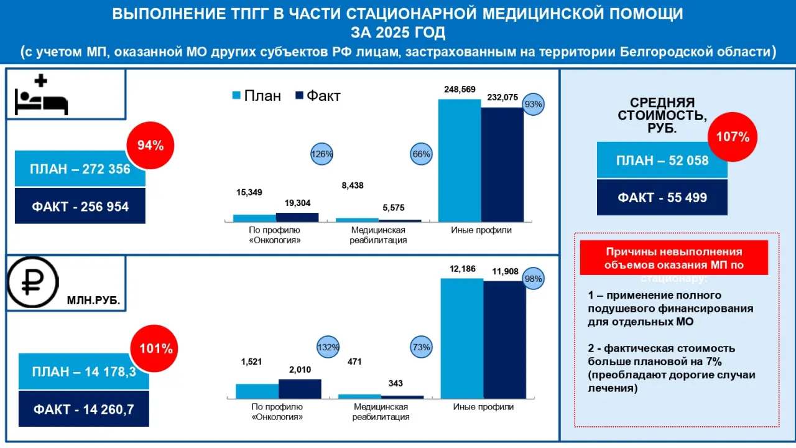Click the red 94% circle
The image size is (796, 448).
click(x=150, y=146)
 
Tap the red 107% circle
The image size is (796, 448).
click(x=732, y=137)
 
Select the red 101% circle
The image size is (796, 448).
click(x=154, y=348)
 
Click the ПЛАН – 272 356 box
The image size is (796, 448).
click(x=80, y=169)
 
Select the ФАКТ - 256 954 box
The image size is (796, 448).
click(x=80, y=206)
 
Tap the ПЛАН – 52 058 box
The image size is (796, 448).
click(x=662, y=161)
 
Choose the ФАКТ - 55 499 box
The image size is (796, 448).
click(x=662, y=198)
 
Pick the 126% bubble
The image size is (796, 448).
click(x=322, y=154)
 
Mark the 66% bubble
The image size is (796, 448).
click(x=422, y=154)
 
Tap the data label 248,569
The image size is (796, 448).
click(x=460, y=90)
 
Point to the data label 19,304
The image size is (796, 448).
click(x=297, y=203)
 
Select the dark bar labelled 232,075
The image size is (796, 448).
click(x=502, y=164)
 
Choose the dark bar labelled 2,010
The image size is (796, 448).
click(x=300, y=388)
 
